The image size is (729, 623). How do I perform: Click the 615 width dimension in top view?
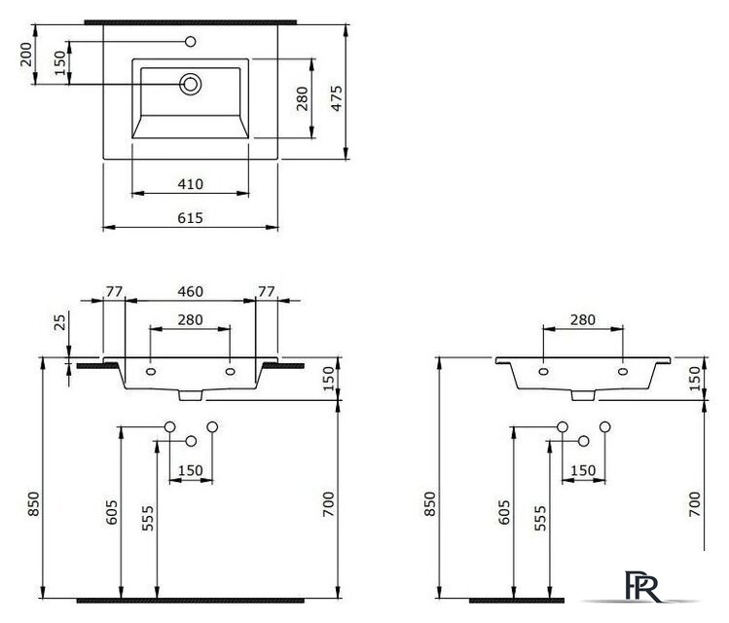[x=190, y=218]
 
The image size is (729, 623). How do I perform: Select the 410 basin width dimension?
[x=190, y=184]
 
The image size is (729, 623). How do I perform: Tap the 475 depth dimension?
[x=337, y=98]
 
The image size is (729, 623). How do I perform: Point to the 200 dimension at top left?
[x=26, y=54]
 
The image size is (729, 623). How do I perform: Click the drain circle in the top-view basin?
[x=190, y=84]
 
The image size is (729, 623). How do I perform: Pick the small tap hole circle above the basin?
[x=190, y=42]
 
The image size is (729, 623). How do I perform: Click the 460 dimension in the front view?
[x=190, y=291]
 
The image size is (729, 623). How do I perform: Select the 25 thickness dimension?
[x=60, y=321]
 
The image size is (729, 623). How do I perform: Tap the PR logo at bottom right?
[x=642, y=586]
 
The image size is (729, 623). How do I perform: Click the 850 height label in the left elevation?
[x=34, y=503]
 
